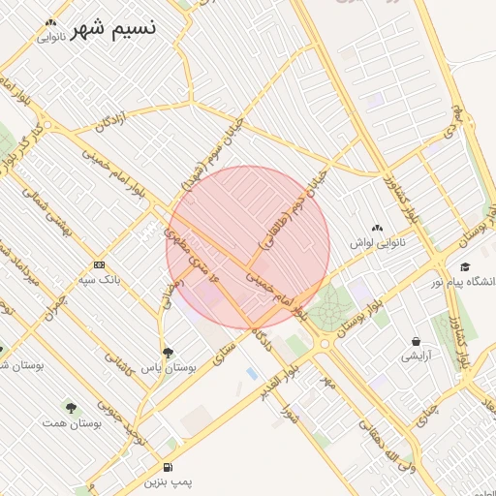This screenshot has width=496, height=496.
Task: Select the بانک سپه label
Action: click(x=100, y=279)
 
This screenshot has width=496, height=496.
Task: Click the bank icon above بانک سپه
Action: click(x=99, y=264)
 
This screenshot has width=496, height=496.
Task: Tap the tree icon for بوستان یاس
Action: click(x=169, y=353)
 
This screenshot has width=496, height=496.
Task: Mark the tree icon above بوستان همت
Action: click(x=70, y=408)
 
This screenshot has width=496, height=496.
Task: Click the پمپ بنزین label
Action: click(x=170, y=480)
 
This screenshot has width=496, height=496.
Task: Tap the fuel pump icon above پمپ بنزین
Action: click(x=170, y=466)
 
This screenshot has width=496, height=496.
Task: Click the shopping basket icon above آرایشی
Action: click(x=417, y=341)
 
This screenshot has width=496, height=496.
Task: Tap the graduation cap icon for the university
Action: click(x=465, y=266)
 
